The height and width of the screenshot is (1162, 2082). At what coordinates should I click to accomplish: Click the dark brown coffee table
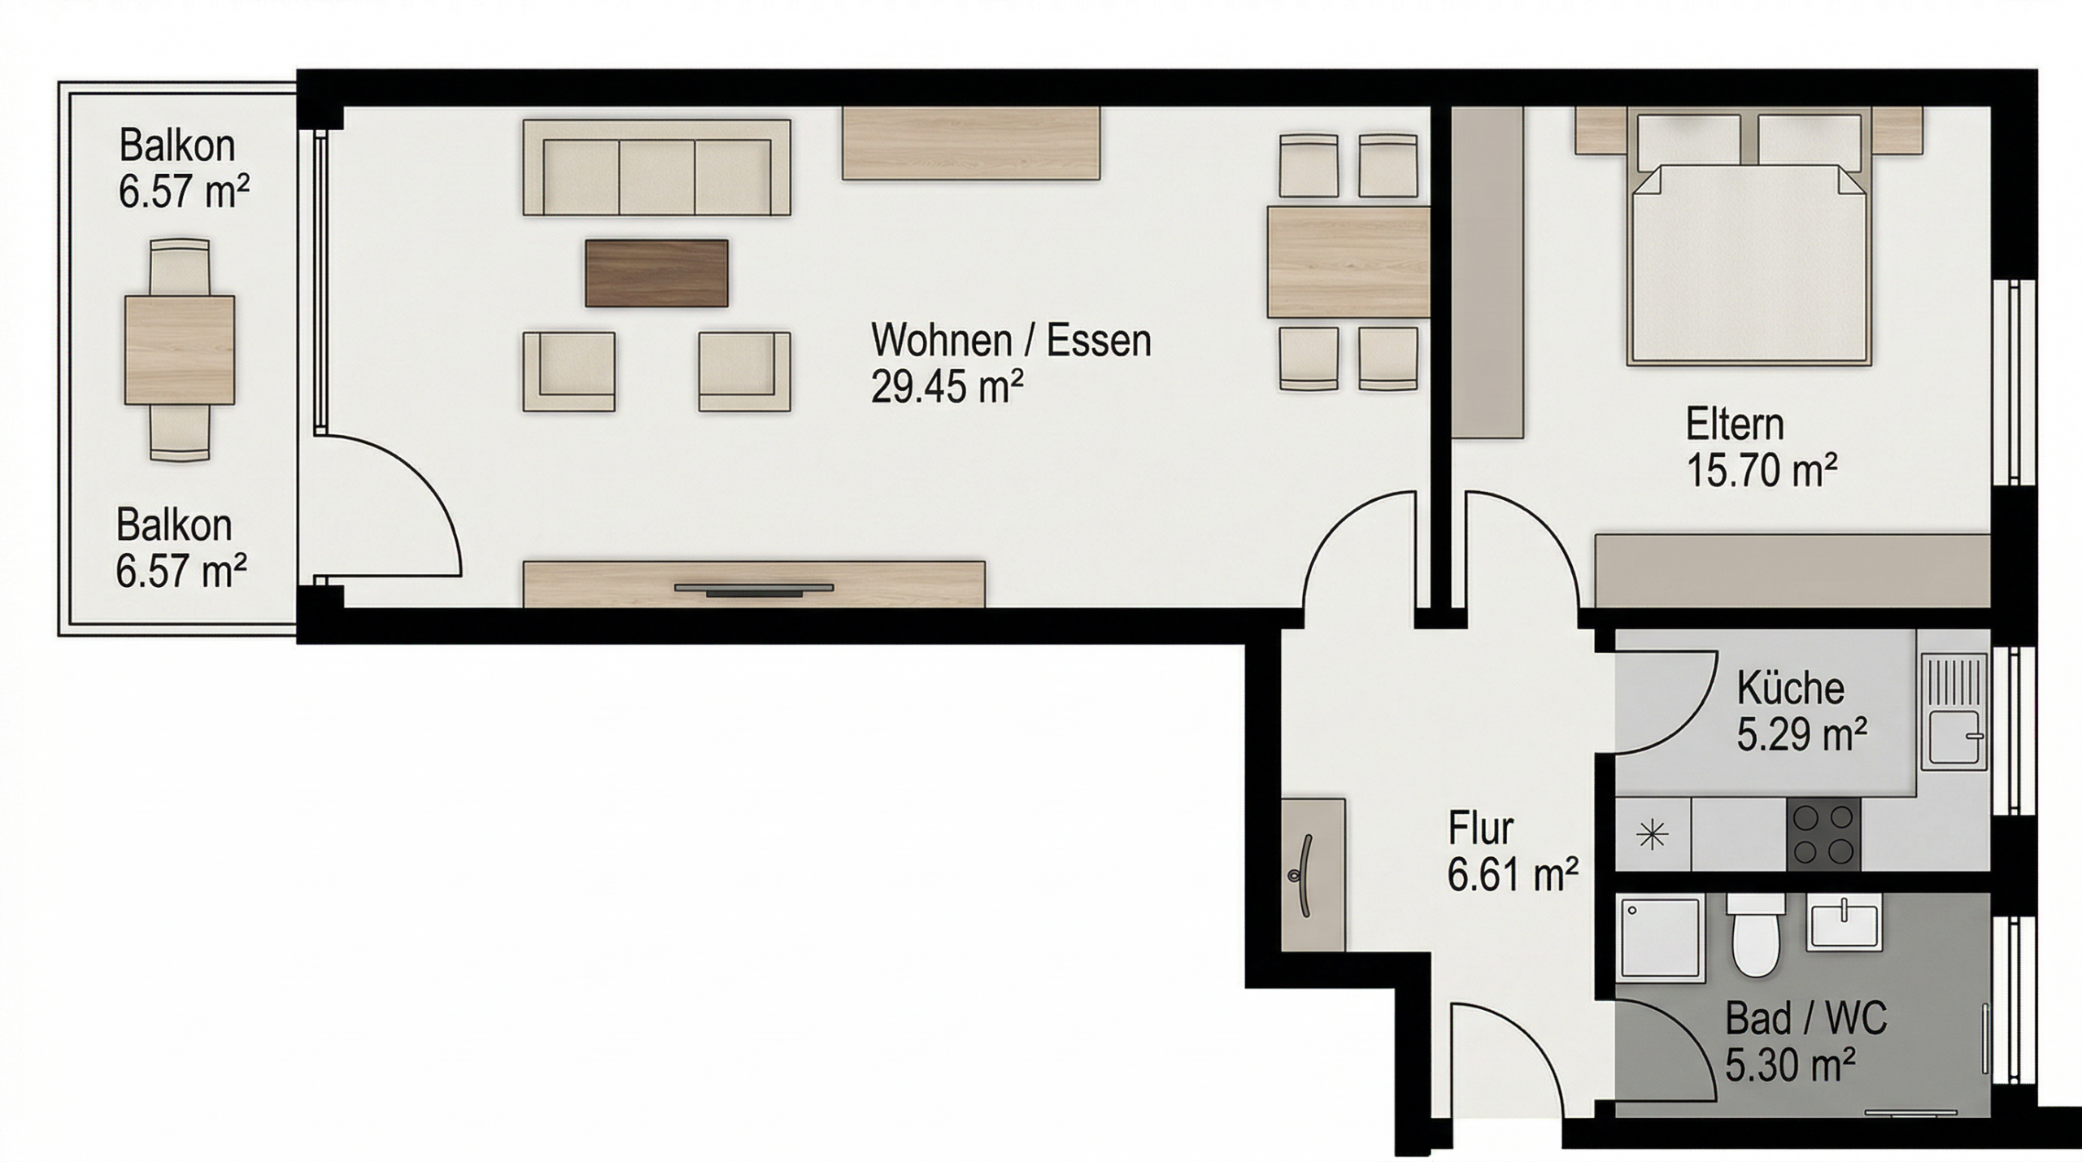656,272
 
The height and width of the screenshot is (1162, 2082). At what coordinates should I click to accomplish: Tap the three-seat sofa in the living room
656,168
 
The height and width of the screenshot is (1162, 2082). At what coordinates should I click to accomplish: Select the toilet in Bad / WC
1756,934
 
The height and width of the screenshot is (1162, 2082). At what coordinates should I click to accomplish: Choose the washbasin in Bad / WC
1843,921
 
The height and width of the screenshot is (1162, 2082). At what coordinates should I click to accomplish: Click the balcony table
180,350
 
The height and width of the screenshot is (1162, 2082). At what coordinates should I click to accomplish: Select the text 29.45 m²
947,386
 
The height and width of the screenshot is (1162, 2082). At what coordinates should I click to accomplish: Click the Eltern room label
1735,424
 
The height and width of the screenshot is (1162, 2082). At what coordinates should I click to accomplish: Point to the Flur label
1480,829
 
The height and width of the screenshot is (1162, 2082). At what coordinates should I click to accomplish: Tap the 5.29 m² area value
1802,734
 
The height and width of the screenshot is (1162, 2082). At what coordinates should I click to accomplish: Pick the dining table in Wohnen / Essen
1348,262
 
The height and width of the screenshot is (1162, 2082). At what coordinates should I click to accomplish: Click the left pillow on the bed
1688,144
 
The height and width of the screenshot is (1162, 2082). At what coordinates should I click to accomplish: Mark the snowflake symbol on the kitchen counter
1653,835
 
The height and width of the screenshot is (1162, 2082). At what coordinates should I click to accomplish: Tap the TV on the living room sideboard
754,589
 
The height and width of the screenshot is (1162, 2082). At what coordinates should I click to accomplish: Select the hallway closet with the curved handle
1313,874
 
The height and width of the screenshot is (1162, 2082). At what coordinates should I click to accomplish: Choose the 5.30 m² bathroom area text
1791,1064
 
